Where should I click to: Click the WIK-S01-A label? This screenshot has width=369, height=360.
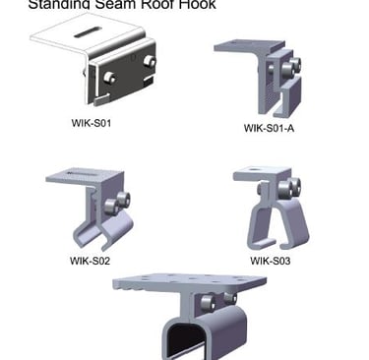(269, 128)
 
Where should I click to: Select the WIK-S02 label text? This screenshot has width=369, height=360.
(89, 261)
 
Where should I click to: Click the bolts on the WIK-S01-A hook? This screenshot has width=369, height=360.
(291, 69)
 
